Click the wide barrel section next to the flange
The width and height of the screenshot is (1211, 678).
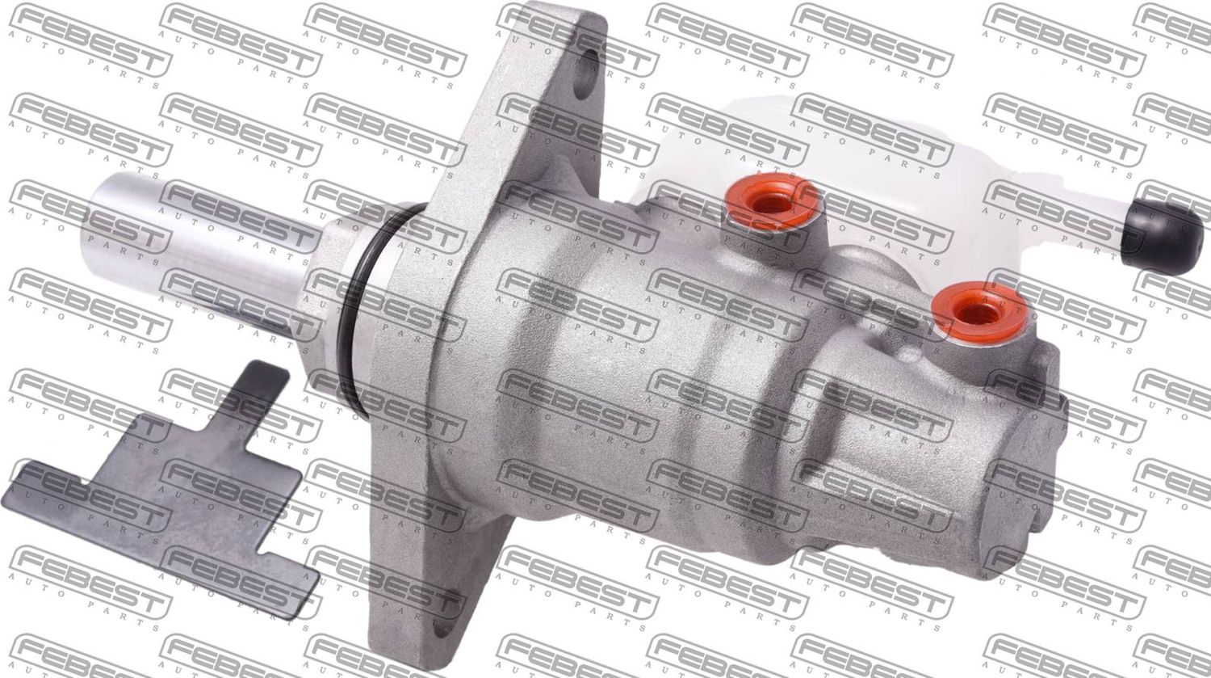tap(565, 364)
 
